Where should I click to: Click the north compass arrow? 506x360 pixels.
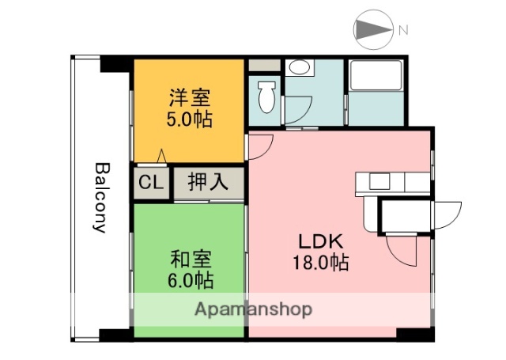click(372, 30)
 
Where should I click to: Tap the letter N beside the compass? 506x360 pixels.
click(403, 31)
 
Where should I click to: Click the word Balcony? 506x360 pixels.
click(100, 197)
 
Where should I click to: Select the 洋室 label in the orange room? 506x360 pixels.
click(190, 99)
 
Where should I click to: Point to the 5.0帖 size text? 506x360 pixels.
click(190, 121)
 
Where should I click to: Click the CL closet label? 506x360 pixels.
click(150, 182)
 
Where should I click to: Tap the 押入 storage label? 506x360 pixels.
click(208, 182)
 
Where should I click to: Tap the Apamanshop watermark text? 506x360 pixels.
click(253, 309)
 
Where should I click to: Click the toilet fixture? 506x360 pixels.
click(266, 97)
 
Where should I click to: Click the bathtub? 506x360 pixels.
click(376, 77)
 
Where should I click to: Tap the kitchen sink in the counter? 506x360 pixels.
click(379, 181)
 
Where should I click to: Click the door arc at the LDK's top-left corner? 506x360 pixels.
click(261, 144)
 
